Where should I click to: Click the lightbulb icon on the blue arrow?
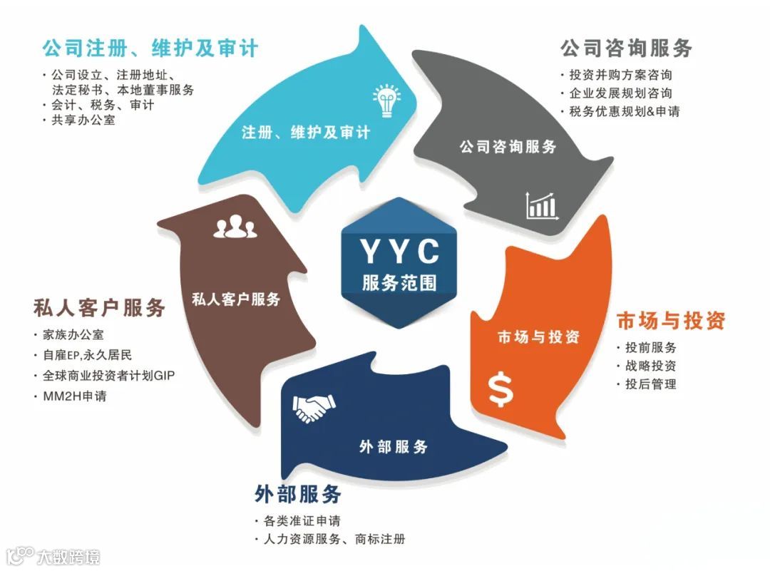pos(385,101)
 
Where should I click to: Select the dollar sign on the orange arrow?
pos(500,389)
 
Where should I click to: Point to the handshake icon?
pos(313,408)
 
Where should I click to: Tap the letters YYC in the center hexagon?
pos(399,252)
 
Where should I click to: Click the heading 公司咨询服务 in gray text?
pos(626,48)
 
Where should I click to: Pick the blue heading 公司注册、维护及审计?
pos(150,48)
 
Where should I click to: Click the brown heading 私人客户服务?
pos(99,307)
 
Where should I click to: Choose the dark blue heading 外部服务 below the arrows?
pos(297,493)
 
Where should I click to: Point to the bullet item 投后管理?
pos(650,384)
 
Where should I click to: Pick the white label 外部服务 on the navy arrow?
pos(394,447)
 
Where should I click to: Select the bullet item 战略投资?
pos(650,366)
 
